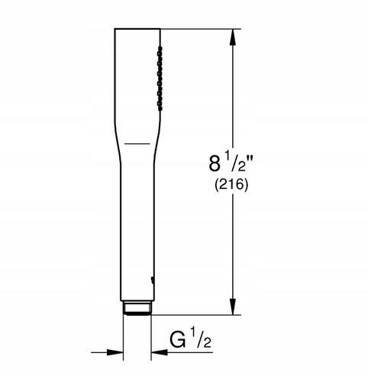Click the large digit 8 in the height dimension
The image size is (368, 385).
click(215, 164)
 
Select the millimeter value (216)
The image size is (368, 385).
click(231, 184)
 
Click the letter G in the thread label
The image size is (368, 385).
click(178, 341)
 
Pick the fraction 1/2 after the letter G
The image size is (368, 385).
click(200, 339)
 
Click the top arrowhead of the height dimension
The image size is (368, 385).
click(233, 37)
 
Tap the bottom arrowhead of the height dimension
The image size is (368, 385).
click(233, 306)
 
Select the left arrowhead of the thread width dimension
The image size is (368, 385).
click(115, 352)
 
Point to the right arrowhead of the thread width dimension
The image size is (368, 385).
click(160, 352)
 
